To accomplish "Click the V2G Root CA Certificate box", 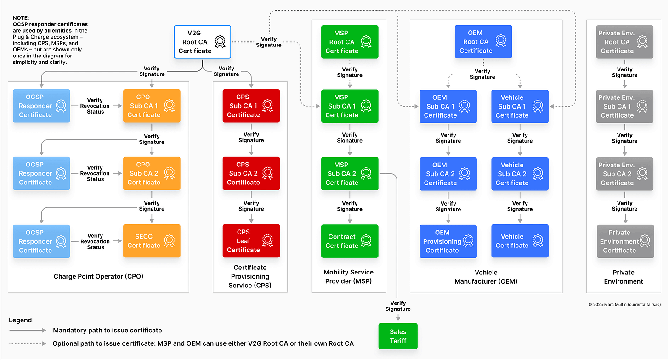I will pyautogui.click(x=202, y=42).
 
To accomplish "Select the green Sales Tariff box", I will pyautogui.click(x=398, y=336).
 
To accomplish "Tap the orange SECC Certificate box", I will pyautogui.click(x=152, y=241).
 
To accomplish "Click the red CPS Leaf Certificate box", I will pyautogui.click(x=251, y=241).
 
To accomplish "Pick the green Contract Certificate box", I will pyautogui.click(x=350, y=241).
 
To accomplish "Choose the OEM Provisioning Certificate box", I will pyautogui.click(x=448, y=241).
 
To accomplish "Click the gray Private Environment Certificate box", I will pyautogui.click(x=624, y=241).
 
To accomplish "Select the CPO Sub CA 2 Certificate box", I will pyautogui.click(x=152, y=173).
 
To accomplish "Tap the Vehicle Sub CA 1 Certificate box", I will pyautogui.click(x=520, y=106).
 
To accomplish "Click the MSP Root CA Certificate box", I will pyautogui.click(x=350, y=42).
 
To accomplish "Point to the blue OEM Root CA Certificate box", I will pyautogui.click(x=483, y=42).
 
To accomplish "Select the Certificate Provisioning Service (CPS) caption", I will pyautogui.click(x=250, y=276).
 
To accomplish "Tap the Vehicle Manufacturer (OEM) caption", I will pyautogui.click(x=486, y=277).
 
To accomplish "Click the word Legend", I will pyautogui.click(x=20, y=320).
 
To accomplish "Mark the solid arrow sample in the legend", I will pyautogui.click(x=28, y=330).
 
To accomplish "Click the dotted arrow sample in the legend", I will pyautogui.click(x=28, y=343).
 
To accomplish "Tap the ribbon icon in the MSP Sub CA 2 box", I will pyautogui.click(x=366, y=173).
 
